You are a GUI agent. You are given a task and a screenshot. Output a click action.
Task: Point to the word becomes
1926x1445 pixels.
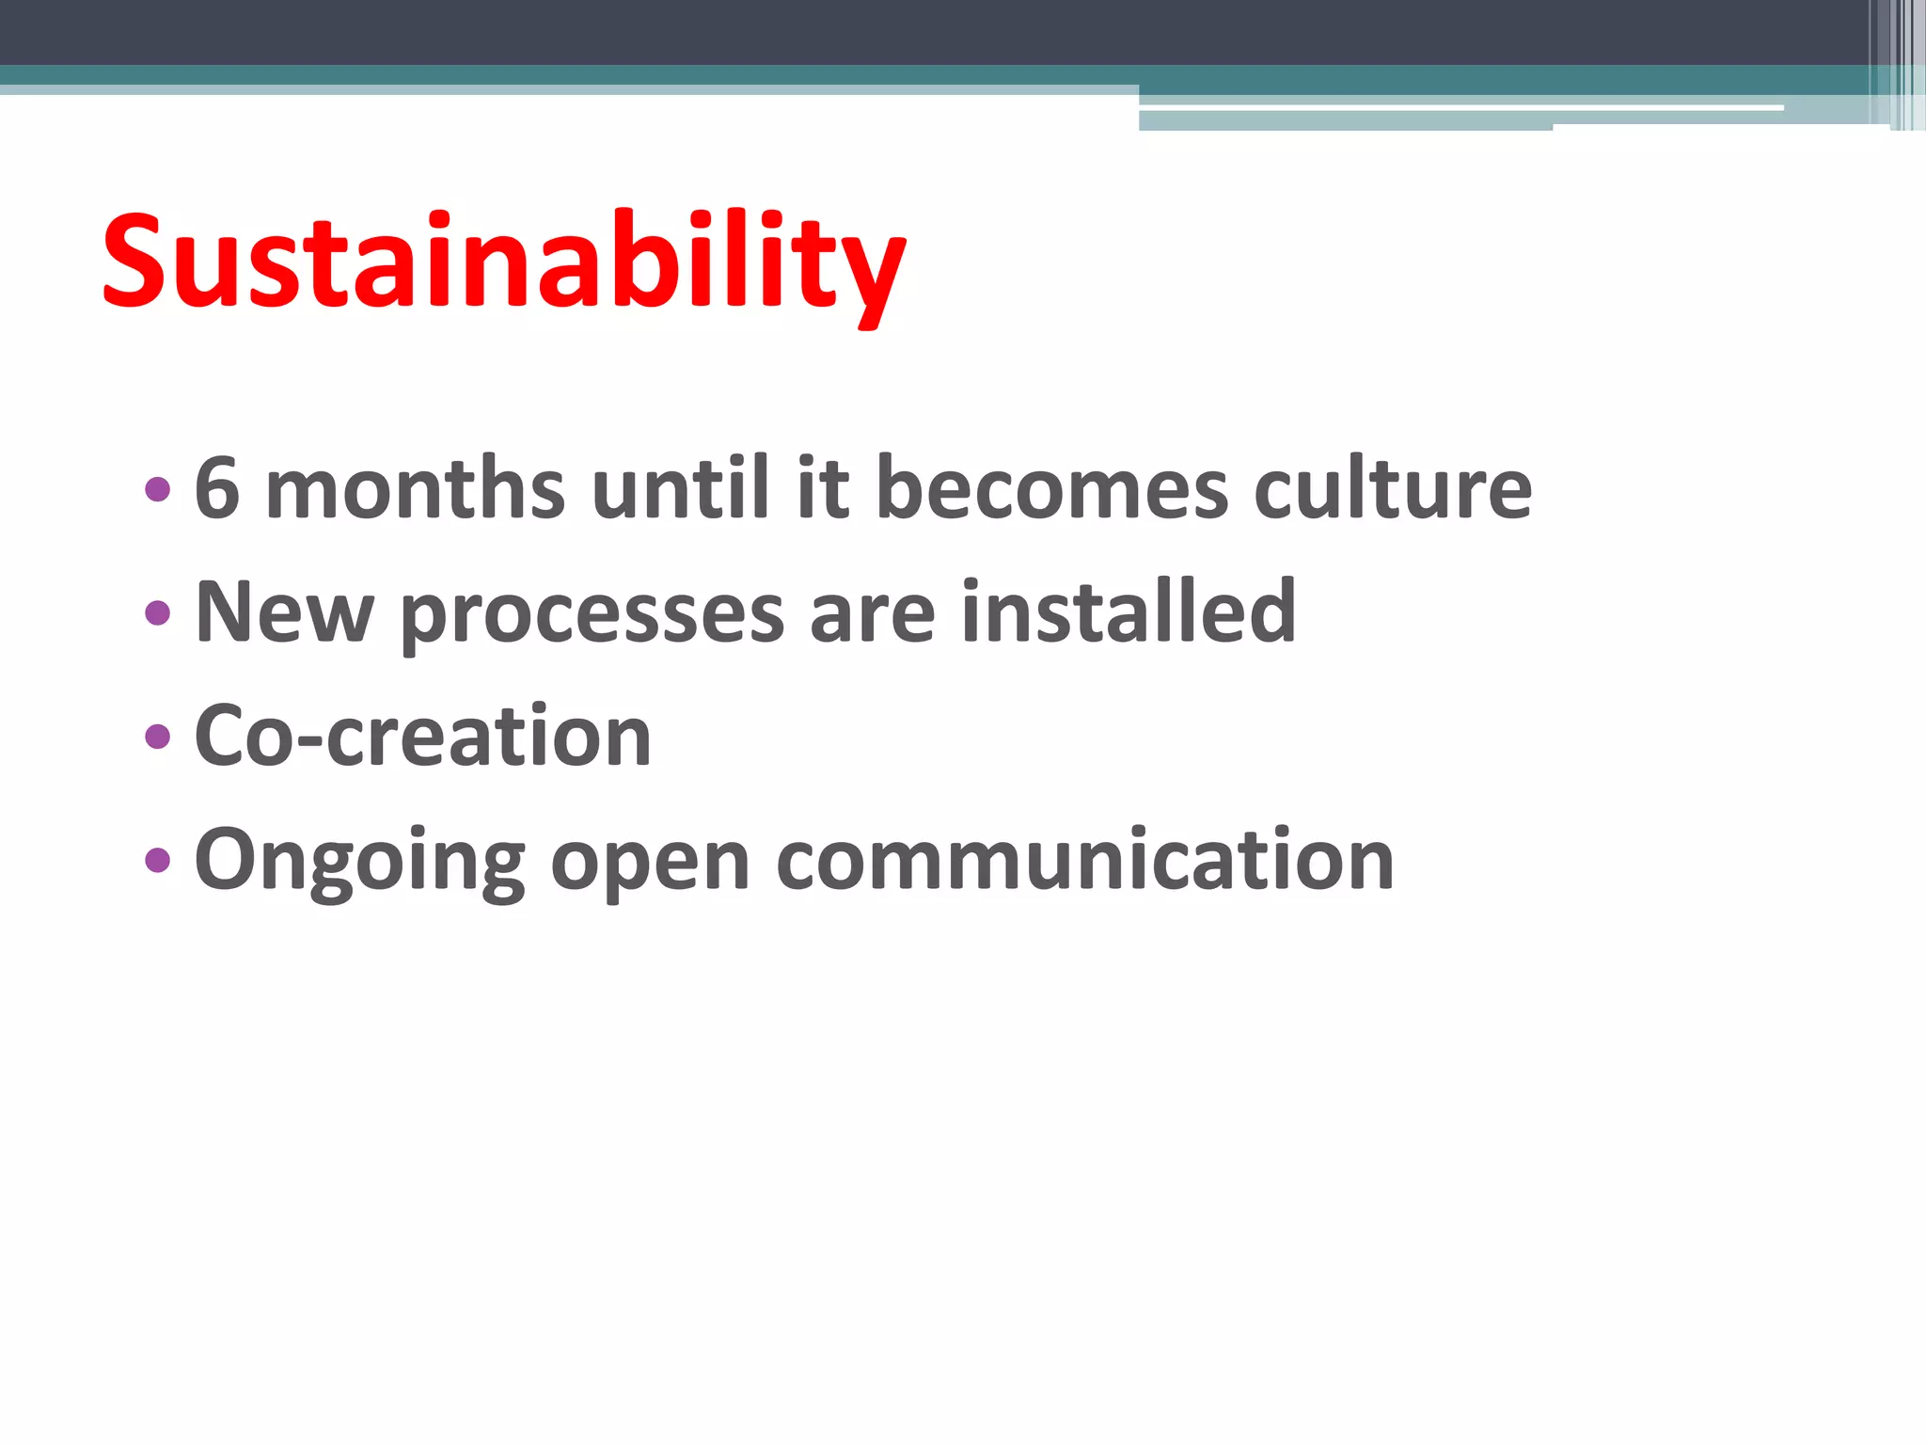click(1051, 489)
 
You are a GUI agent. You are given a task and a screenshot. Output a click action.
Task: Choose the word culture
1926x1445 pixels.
click(1393, 489)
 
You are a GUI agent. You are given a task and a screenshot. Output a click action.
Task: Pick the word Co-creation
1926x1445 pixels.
click(423, 736)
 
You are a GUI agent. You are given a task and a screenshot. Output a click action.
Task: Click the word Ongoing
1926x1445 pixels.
click(359, 862)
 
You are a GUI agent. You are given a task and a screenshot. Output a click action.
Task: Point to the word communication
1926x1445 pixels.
click(1084, 860)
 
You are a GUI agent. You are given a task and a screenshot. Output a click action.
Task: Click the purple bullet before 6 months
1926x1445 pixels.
click(158, 489)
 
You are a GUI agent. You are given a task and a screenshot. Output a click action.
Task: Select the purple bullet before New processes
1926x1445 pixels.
click(158, 613)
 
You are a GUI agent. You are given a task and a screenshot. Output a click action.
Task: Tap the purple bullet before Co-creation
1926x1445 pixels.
click(158, 737)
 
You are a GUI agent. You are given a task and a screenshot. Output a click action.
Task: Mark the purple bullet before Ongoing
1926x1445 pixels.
click(158, 860)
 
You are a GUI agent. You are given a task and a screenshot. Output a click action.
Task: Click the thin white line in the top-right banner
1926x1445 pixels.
click(1458, 108)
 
